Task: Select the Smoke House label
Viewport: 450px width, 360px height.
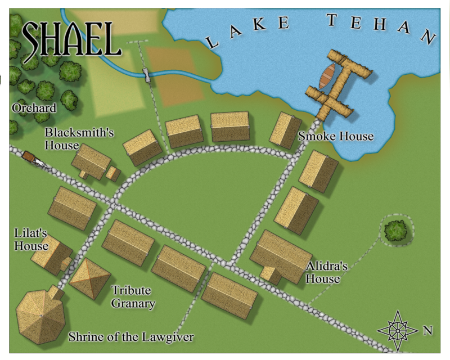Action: (336, 137)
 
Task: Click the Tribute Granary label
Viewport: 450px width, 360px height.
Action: (133, 297)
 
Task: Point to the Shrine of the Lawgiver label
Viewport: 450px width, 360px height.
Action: (131, 337)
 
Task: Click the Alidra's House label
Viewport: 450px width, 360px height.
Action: (323, 273)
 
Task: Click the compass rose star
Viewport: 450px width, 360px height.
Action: (398, 328)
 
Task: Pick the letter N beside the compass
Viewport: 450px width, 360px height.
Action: (427, 331)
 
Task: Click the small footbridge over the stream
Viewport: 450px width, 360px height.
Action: (147, 74)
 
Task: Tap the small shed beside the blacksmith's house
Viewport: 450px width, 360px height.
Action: (113, 173)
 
